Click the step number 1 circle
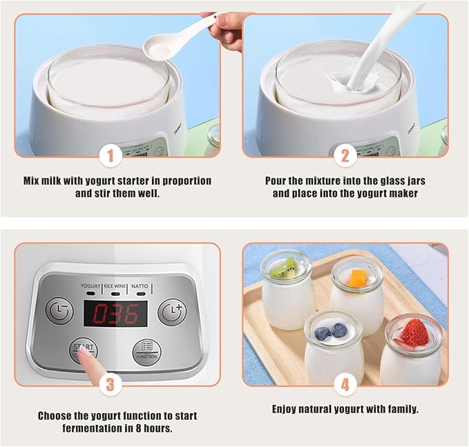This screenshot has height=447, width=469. click(x=111, y=156)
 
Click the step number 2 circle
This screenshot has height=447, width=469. click(x=345, y=156)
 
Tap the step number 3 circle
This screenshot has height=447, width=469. click(x=111, y=384)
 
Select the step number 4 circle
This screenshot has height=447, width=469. click(x=345, y=384)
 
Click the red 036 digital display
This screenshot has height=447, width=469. click(x=115, y=314)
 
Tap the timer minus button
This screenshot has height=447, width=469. click(x=59, y=310)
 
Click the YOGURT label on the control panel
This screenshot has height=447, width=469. click(x=90, y=286)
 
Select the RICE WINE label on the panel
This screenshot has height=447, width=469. click(x=115, y=286)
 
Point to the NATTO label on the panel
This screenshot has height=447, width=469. click(x=140, y=286)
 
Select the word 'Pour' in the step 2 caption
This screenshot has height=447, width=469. click(x=276, y=181)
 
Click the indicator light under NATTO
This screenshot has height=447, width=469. click(x=140, y=294)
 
